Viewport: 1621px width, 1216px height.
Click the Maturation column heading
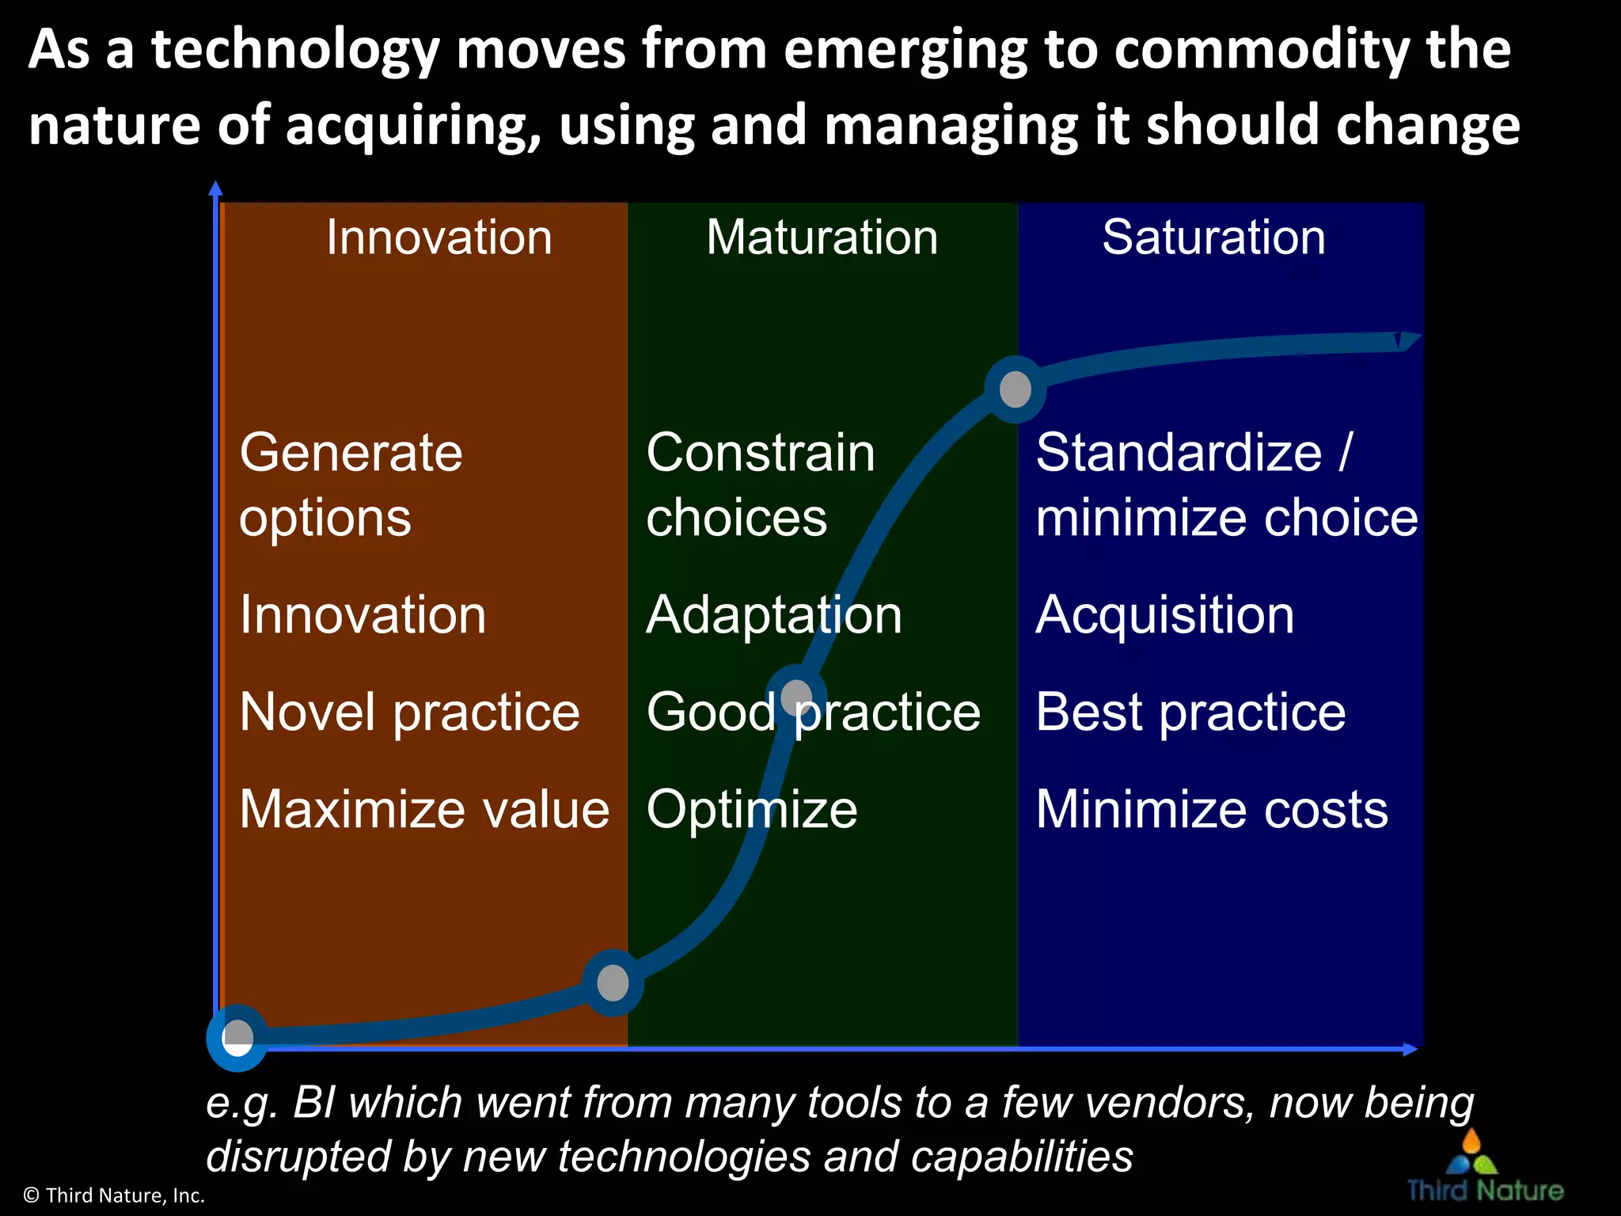pos(822,237)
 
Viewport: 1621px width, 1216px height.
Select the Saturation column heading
pos(1213,237)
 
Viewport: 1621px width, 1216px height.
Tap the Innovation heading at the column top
pos(439,237)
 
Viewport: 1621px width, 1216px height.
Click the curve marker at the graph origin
pos(237,1037)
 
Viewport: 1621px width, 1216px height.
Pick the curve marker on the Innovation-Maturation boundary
pos(613,982)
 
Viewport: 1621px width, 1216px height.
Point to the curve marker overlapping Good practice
pos(796,697)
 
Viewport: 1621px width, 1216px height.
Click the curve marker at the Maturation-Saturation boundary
pos(1015,389)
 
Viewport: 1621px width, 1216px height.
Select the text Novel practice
pos(409,712)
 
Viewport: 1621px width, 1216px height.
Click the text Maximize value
pos(424,809)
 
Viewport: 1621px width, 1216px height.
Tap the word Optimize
pos(751,809)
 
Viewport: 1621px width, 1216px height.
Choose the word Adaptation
pos(773,614)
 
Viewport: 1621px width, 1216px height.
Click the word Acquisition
pos(1164,614)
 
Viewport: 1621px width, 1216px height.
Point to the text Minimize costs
pos(1211,809)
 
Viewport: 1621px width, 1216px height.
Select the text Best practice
pos(1190,712)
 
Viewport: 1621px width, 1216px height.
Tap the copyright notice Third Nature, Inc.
pos(115,1195)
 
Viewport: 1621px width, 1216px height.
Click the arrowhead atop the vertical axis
pos(215,188)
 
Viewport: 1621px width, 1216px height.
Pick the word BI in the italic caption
pos(314,1102)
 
